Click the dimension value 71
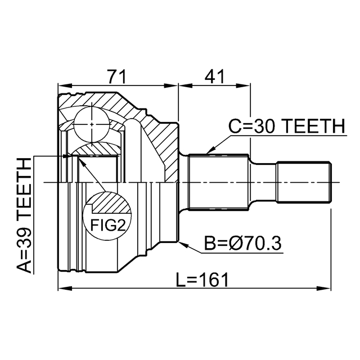[117, 75]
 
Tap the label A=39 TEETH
[24, 215]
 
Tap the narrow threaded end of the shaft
[303, 182]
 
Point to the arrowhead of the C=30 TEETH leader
[208, 152]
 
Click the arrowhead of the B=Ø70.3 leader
[180, 242]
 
